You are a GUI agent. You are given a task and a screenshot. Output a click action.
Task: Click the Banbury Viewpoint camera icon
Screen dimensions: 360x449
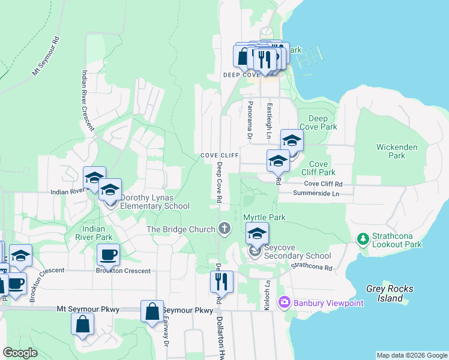[x=285, y=303]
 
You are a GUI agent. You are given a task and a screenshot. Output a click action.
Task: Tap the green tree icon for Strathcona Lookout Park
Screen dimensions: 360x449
[x=363, y=239]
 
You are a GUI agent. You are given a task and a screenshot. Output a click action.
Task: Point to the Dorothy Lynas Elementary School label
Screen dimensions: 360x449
[x=155, y=202]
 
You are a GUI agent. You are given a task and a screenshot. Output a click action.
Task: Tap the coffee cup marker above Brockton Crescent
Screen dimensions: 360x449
[x=108, y=255]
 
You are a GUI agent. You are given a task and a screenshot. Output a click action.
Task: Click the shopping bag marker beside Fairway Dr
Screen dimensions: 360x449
[x=152, y=311]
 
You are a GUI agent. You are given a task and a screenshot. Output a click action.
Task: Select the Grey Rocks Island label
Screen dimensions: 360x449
[x=391, y=293]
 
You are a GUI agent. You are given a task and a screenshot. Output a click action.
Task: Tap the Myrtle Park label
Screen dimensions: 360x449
[x=264, y=217]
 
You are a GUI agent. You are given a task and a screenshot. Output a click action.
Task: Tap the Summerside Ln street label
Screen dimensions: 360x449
[x=316, y=193]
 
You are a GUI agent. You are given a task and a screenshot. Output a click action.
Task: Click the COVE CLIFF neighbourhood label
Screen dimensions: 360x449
[x=220, y=155]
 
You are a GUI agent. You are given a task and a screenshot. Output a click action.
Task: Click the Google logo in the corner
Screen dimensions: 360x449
[x=20, y=353]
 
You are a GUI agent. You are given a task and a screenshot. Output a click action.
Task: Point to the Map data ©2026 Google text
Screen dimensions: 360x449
[x=411, y=355]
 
